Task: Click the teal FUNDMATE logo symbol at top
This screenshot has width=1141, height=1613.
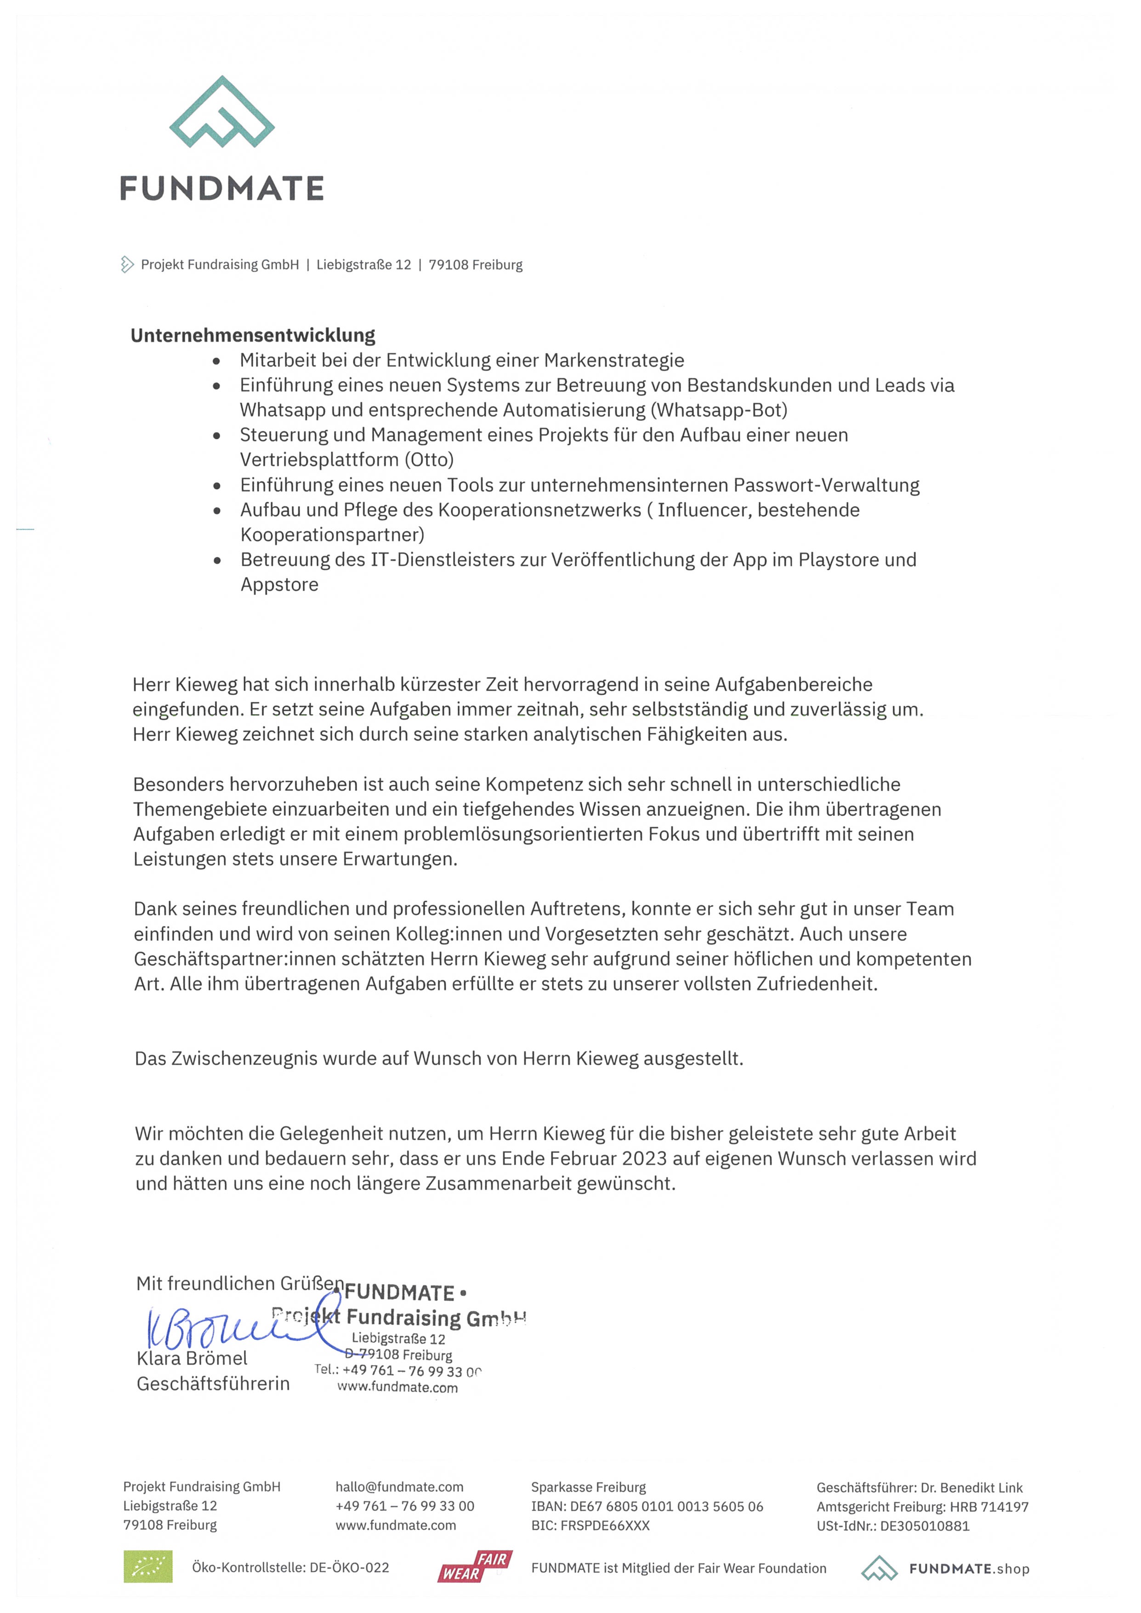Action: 221,113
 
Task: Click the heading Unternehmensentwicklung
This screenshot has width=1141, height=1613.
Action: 253,335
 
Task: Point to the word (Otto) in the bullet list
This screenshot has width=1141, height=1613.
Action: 429,460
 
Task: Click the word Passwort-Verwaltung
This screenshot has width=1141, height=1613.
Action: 826,485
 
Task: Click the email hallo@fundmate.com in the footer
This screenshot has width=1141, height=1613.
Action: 399,1487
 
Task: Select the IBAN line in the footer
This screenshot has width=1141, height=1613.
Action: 647,1506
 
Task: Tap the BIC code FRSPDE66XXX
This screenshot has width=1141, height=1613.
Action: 605,1525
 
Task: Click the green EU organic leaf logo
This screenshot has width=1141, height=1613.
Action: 148,1567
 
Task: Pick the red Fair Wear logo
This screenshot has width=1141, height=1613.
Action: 475,1567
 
